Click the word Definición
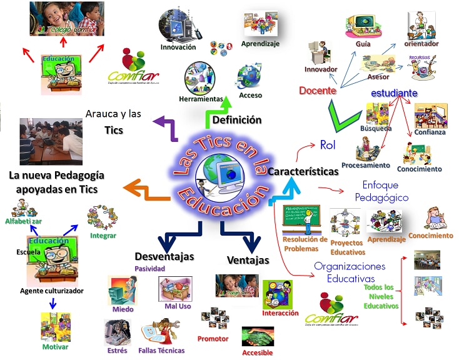[236, 120]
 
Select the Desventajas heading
[164, 256]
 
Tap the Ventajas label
[248, 260]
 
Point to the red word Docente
[318, 91]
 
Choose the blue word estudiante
[394, 92]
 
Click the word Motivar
[56, 347]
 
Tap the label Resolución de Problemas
[305, 244]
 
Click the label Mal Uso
[177, 307]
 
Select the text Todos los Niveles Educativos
[381, 296]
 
